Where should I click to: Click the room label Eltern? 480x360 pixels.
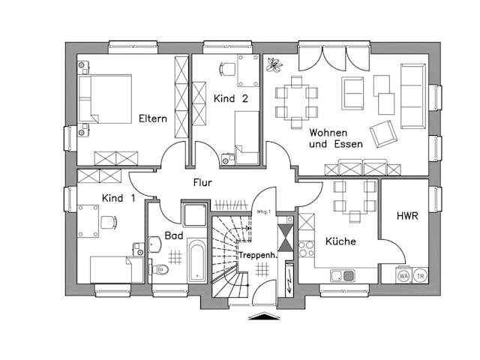click(152, 118)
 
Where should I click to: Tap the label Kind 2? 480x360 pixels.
click(230, 99)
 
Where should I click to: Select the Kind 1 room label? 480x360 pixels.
click(118, 198)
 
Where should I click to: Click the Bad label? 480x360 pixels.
click(175, 235)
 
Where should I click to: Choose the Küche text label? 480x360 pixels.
click(340, 241)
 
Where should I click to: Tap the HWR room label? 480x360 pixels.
click(407, 216)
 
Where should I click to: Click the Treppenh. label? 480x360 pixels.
click(258, 256)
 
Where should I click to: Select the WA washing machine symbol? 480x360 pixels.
click(403, 275)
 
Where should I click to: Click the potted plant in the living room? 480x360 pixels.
click(272, 65)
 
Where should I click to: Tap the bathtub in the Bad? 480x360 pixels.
click(196, 260)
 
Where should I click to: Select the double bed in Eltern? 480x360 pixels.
click(106, 98)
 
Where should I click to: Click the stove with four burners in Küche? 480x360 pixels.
click(307, 248)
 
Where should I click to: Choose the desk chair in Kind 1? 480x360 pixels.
click(108, 222)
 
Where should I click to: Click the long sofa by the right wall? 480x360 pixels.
click(412, 95)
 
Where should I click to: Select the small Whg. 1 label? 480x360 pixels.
click(262, 212)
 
